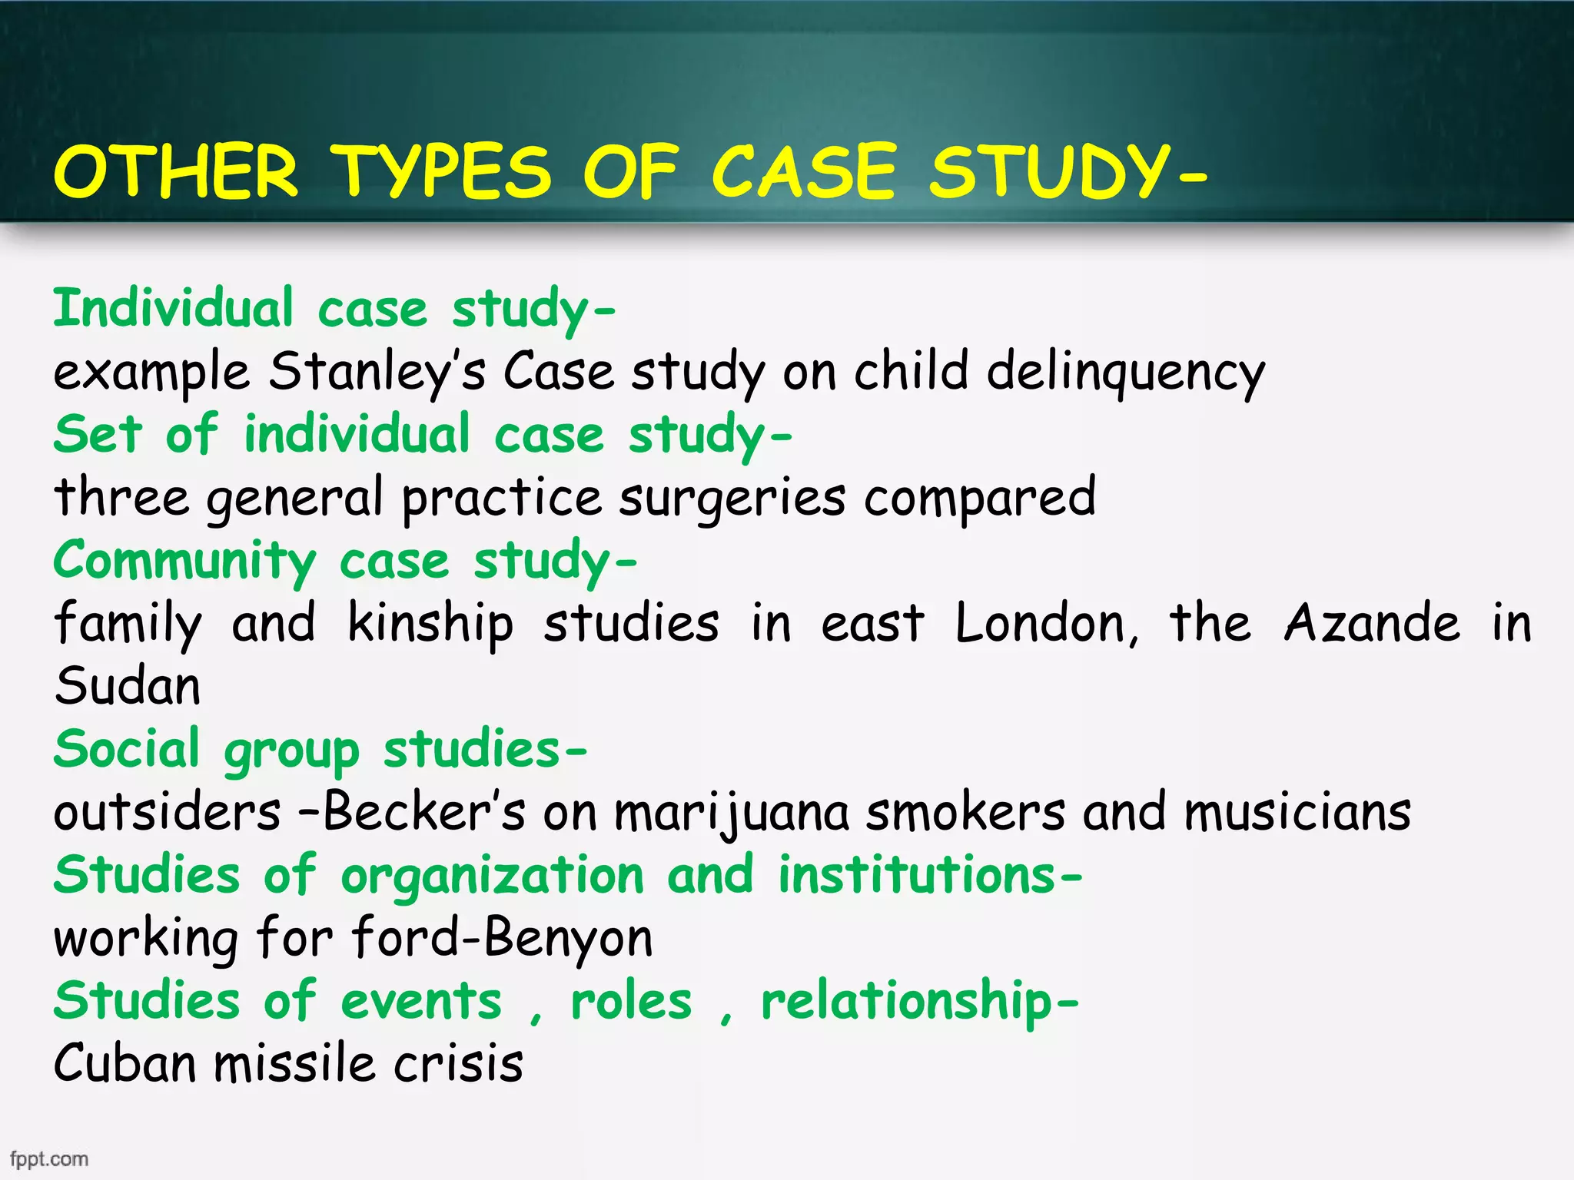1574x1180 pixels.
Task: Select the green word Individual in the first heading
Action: coord(173,308)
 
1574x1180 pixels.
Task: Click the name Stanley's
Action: coord(377,372)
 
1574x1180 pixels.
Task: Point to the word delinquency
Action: coord(1125,372)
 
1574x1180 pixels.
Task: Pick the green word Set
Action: coord(98,434)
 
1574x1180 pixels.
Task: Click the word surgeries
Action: coord(732,498)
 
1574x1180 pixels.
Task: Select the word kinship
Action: coord(430,623)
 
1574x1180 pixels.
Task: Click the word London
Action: coord(1045,623)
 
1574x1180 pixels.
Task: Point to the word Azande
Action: coord(1372,623)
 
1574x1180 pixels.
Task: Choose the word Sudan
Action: coord(128,686)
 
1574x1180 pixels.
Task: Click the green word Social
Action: coord(127,749)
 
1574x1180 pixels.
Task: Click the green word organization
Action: coord(492,876)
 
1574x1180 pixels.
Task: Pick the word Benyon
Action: coord(568,939)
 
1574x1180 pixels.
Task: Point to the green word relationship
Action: coord(907,1002)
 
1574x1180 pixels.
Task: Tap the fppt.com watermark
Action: coord(49,1158)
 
